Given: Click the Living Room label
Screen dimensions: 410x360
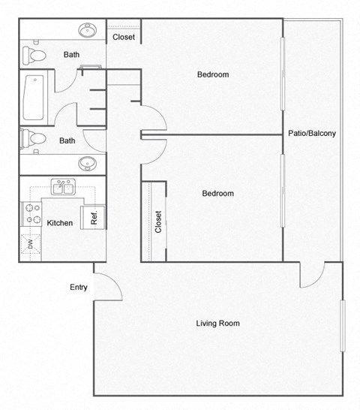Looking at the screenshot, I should (x=217, y=324).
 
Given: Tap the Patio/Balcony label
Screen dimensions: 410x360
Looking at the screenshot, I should (x=311, y=134).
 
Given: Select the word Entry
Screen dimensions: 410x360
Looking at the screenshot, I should (x=79, y=287).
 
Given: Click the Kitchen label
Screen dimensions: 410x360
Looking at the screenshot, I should (x=60, y=223).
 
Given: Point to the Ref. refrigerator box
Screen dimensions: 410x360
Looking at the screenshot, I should (x=94, y=216).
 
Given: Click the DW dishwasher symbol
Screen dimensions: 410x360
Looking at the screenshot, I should (x=31, y=243).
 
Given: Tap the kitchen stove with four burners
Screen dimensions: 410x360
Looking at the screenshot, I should (x=33, y=213).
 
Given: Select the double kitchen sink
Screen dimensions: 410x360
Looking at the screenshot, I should (x=62, y=187).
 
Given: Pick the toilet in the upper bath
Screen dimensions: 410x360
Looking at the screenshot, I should (x=34, y=55).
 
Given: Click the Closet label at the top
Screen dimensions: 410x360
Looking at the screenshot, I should (x=124, y=38).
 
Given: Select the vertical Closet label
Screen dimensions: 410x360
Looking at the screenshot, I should (x=158, y=222).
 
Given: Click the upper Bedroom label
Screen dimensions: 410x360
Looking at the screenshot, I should (x=213, y=74).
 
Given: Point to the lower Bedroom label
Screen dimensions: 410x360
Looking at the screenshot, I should (x=217, y=194).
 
